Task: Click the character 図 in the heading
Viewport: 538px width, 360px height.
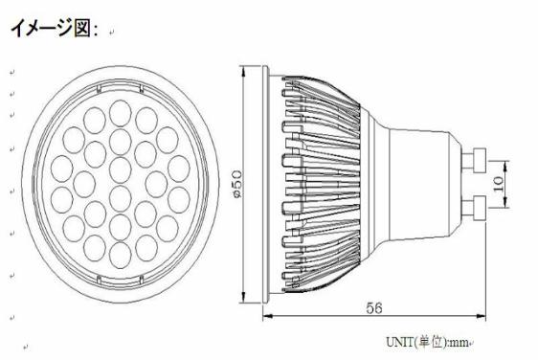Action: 81,28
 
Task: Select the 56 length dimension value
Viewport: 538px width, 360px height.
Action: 373,308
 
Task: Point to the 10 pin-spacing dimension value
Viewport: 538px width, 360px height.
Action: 498,184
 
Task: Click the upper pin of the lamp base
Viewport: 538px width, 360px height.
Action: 475,160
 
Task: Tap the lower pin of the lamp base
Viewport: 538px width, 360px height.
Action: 475,208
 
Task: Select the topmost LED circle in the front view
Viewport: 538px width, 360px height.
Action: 120,113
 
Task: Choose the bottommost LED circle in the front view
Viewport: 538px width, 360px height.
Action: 120,256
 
